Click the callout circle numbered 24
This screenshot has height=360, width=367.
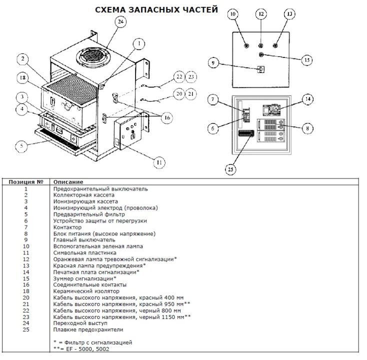click(x=120, y=21)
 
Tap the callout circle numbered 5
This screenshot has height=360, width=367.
click(x=21, y=146)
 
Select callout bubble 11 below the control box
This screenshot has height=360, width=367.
click(x=159, y=162)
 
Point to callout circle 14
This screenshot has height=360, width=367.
click(x=308, y=99)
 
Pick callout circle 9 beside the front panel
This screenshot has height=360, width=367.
click(x=213, y=63)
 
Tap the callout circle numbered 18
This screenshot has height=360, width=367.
click(x=22, y=77)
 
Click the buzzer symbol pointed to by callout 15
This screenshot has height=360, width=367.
click(x=261, y=55)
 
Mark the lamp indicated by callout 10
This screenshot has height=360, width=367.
click(x=246, y=45)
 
